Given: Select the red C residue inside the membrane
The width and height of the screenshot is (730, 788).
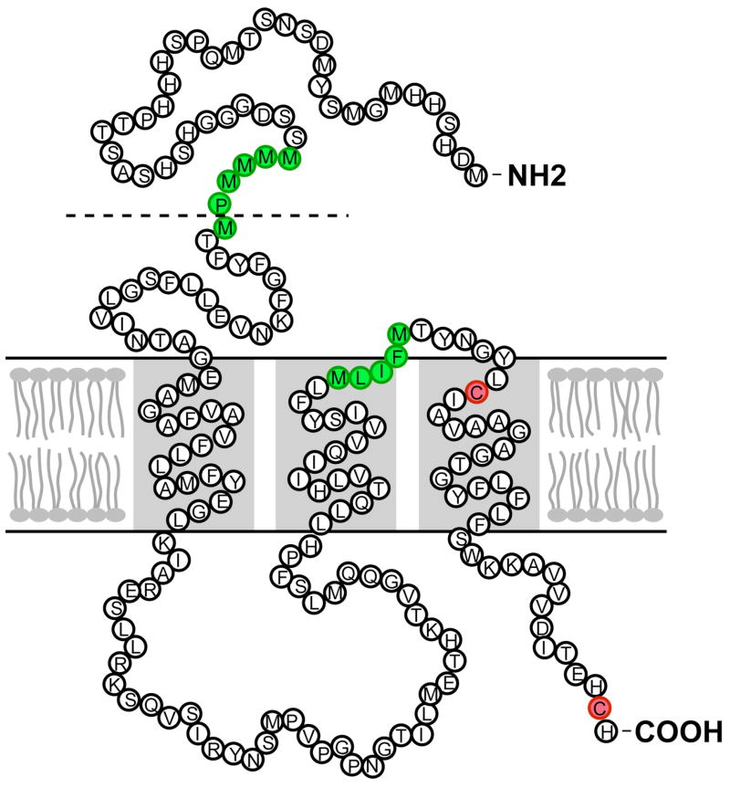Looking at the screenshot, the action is (475, 392).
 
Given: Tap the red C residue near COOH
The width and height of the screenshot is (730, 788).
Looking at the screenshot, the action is (600, 708).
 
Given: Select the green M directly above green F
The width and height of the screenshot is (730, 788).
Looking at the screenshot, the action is (398, 331).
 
